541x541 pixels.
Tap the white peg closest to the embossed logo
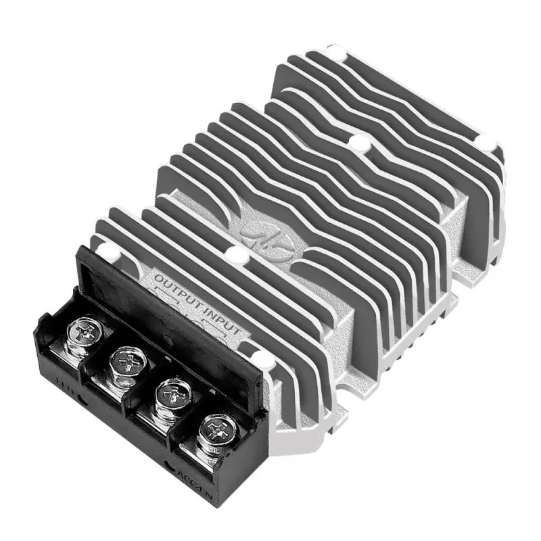pyautogui.click(x=235, y=256)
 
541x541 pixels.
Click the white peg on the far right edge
pyautogui.click(x=485, y=141)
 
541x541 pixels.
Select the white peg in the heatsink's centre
pyautogui.click(x=358, y=143)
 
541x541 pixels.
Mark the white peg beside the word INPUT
pyautogui.click(x=259, y=356)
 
